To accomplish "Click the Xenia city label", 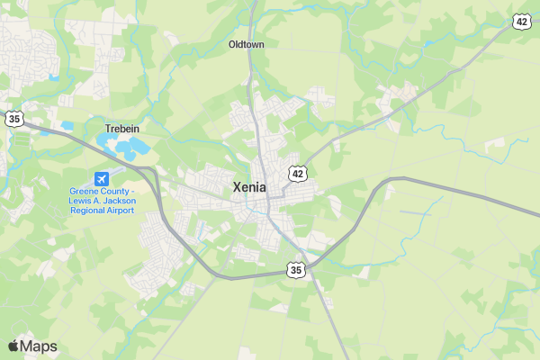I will [249, 187].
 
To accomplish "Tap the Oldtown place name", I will [246, 44].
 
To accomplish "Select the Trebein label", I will [122, 129].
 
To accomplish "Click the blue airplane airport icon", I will [102, 177].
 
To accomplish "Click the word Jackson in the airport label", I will [118, 202].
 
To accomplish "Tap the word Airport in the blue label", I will [121, 211].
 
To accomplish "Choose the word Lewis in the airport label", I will [81, 202].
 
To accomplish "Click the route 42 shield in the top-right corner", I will [522, 22].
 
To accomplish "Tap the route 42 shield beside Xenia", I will [298, 172].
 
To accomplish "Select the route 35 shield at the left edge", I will [13, 118].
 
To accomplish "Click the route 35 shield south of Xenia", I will [296, 269].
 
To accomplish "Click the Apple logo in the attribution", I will [13, 346].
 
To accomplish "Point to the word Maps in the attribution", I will [39, 346].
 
